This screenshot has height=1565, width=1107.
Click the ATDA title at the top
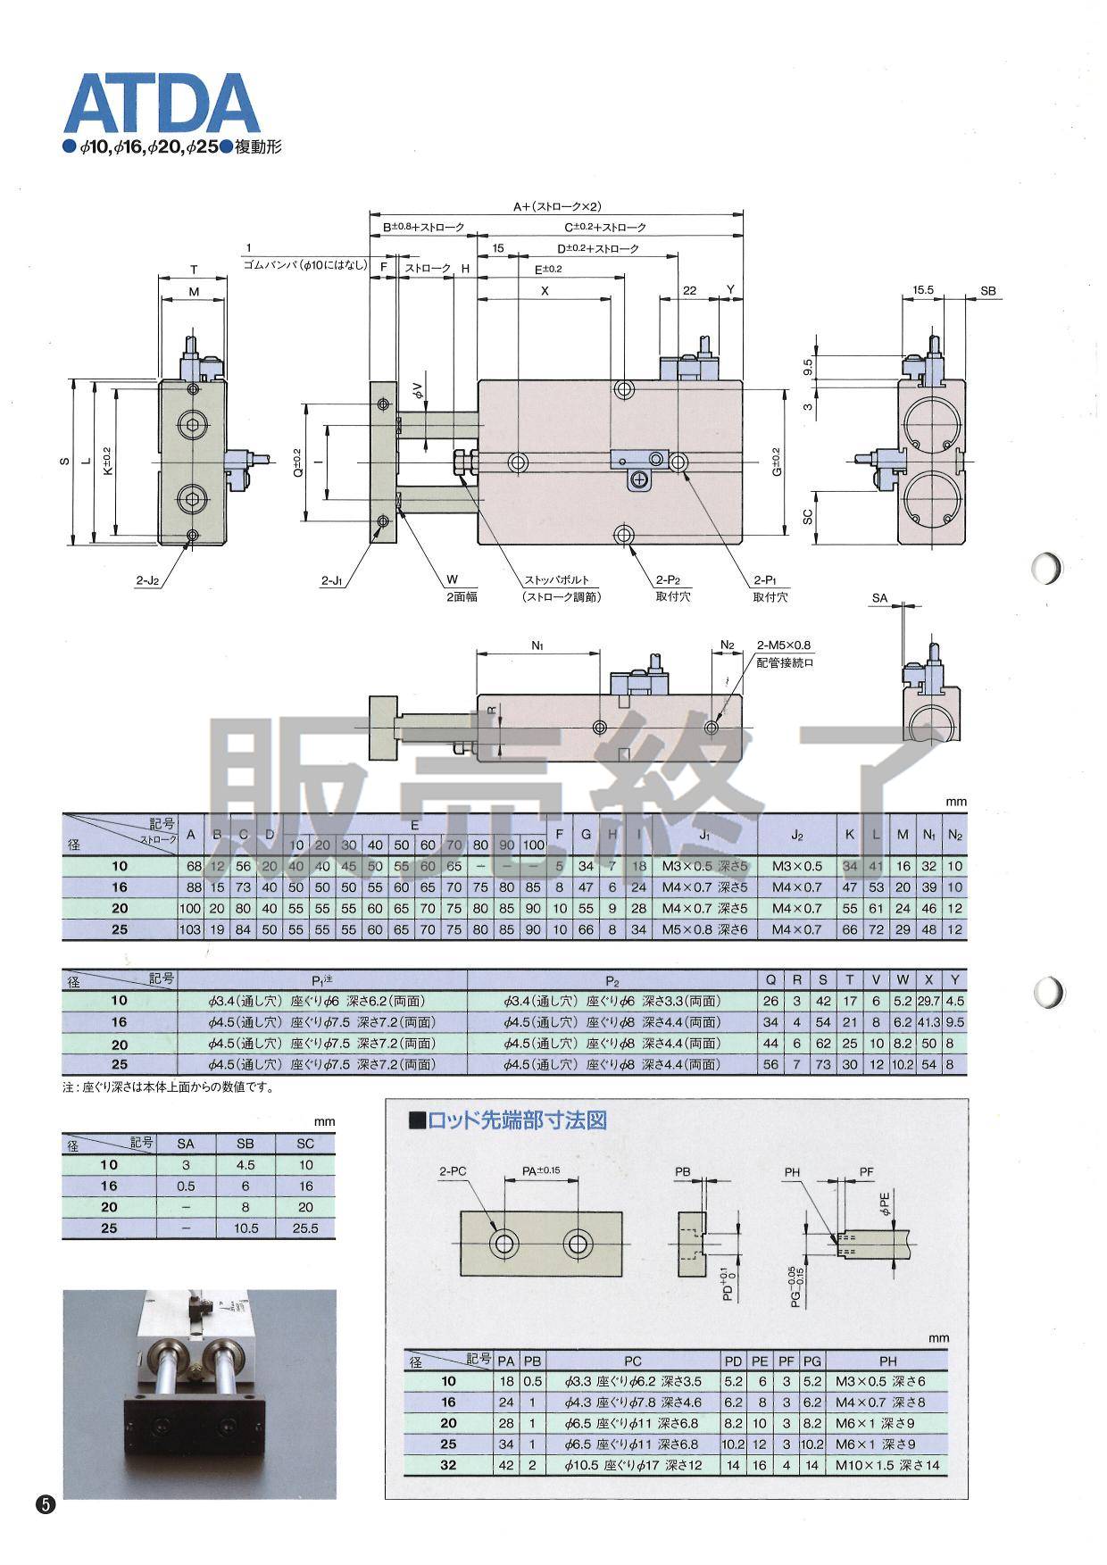point(161,104)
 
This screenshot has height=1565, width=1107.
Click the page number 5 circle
point(46,1503)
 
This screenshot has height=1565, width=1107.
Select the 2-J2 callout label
point(147,580)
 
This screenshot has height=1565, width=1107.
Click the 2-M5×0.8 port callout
point(783,645)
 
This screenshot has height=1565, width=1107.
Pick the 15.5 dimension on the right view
point(923,290)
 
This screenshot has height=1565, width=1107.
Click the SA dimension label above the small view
point(879,598)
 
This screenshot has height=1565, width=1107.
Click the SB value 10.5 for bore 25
point(245,1228)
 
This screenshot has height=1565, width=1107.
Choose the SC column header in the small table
point(305,1144)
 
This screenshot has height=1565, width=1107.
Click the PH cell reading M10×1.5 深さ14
point(887,1465)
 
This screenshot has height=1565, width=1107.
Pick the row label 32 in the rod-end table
point(448,1465)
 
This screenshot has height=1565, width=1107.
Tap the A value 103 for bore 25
point(190,929)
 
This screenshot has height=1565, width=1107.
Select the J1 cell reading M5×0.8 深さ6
point(704,929)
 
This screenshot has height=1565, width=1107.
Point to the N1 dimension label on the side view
point(537,645)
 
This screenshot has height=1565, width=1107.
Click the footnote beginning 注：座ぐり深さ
point(168,1087)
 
